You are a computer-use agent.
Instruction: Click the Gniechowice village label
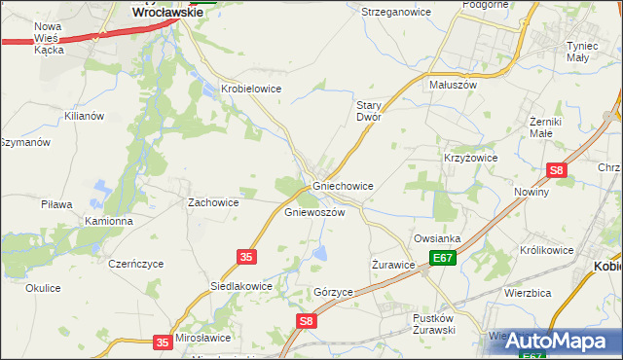343,185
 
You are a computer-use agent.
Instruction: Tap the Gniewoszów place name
314,212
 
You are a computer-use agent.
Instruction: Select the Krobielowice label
251,89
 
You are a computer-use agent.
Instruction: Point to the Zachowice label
213,202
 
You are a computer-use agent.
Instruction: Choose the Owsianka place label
437,238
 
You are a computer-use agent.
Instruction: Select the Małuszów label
453,85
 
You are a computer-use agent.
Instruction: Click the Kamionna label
108,221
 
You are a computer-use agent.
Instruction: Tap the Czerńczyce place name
136,264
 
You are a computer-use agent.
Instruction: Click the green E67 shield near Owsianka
444,258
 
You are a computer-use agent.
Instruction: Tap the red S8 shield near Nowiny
556,170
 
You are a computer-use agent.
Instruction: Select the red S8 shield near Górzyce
307,320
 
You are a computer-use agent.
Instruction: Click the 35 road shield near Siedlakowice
246,256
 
